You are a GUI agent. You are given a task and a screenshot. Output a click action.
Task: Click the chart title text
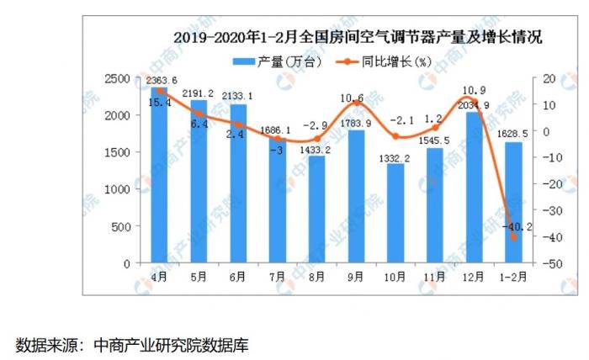click(357, 37)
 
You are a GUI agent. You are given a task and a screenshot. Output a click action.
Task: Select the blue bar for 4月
click(158, 177)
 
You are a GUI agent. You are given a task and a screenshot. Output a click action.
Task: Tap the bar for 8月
click(316, 210)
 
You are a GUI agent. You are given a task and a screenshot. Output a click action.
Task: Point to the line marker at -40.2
click(512, 237)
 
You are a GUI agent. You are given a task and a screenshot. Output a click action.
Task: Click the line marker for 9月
click(355, 103)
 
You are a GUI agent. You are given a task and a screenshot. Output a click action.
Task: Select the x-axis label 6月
click(237, 276)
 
